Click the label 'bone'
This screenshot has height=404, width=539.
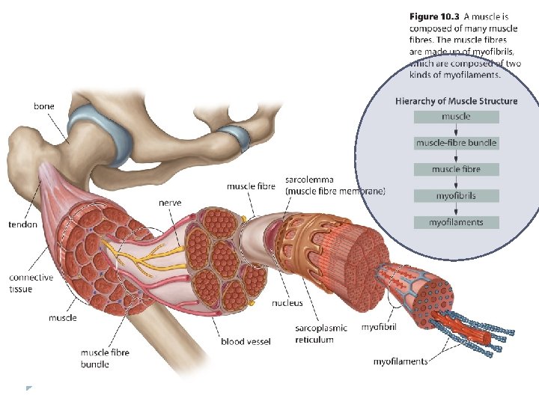tap(44, 107)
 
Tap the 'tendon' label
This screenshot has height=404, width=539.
tap(22, 224)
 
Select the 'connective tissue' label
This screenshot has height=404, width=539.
tap(31, 283)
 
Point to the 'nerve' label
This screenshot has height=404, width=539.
tap(169, 203)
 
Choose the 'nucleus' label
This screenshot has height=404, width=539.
tap(287, 303)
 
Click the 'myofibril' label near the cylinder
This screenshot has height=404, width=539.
tap(380, 328)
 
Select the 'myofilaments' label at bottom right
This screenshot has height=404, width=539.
tap(401, 361)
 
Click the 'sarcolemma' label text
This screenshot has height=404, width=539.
tap(309, 180)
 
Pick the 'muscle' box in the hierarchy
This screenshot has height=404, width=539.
tap(456, 117)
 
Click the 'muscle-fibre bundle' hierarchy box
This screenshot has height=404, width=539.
tap(456, 143)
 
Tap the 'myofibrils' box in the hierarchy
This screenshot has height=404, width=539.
tap(456, 196)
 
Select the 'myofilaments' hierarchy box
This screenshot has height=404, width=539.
tap(456, 222)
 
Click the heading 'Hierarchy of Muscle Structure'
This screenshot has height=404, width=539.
tap(456, 101)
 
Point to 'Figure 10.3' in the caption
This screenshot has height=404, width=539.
tap(434, 15)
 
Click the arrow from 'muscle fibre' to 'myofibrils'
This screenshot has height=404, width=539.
tap(456, 183)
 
